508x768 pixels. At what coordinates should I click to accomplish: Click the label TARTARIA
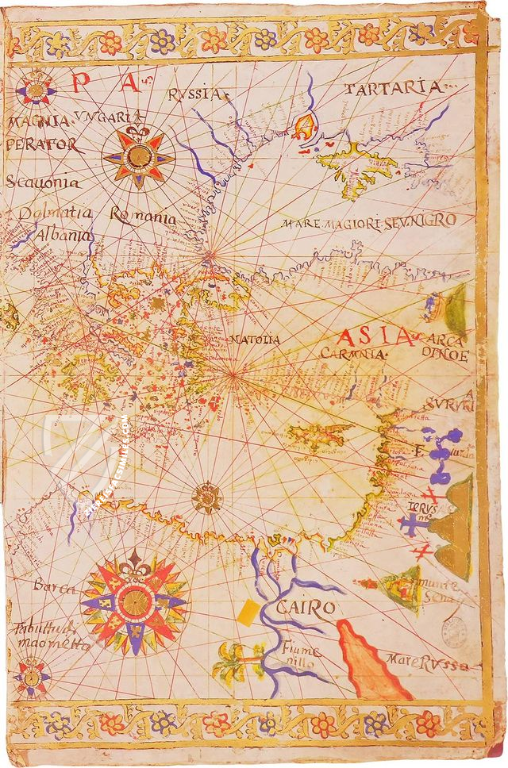coord(393,87)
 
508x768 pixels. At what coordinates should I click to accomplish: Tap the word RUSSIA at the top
coord(194,95)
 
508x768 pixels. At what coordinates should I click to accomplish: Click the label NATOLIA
coord(255,340)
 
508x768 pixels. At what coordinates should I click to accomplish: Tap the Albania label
coord(63,236)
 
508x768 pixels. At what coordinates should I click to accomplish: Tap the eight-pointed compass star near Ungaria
coord(139,156)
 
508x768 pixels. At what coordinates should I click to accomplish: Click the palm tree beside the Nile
coord(237,660)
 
